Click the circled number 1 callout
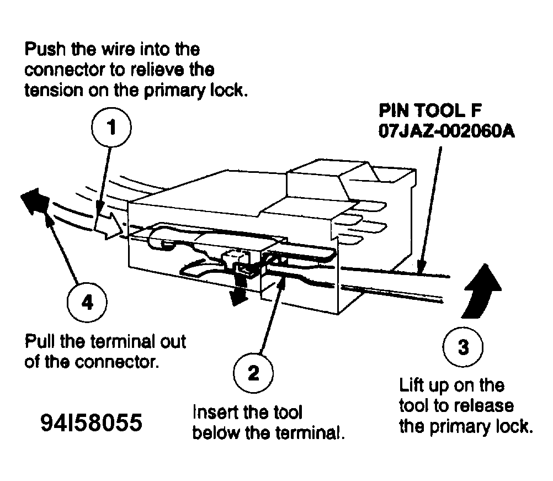tap(111, 128)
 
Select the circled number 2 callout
tap(253, 373)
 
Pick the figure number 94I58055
tap(91, 424)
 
